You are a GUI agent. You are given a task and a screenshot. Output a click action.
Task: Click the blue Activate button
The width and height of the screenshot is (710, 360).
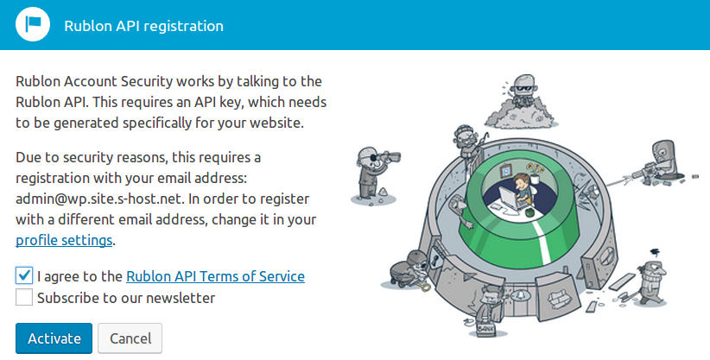coord(54,338)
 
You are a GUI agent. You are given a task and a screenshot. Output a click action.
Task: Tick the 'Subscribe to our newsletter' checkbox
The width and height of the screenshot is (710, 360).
coord(24,298)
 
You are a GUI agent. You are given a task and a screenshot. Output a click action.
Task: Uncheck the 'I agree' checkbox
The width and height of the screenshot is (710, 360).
coord(24,275)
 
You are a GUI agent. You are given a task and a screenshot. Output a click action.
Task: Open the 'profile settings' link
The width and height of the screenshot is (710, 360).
coord(64,240)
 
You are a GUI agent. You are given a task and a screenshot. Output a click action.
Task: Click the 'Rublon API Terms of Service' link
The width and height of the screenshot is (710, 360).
coord(216,276)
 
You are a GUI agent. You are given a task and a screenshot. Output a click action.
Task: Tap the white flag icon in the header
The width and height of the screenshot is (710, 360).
coord(33,24)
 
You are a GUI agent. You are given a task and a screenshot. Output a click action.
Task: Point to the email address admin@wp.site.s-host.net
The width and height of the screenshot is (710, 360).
coord(99,199)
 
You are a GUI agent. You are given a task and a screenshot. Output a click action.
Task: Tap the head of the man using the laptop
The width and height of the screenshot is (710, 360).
coord(522,181)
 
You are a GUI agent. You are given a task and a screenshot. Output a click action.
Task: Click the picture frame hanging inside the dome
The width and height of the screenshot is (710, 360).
coord(506,171)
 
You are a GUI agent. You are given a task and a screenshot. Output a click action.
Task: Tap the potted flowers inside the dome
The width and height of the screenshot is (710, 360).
coord(536,172)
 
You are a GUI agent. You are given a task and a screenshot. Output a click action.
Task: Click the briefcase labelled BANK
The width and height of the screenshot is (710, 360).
coord(485,329)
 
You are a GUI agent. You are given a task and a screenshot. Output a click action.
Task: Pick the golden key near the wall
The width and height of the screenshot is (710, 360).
coord(424,285)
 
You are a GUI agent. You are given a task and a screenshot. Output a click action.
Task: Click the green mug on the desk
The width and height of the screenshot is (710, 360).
coord(528,212)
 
